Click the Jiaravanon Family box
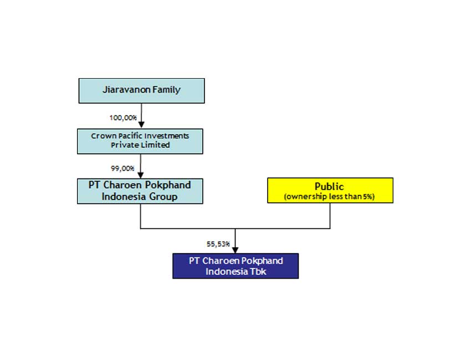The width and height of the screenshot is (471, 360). click(x=141, y=90)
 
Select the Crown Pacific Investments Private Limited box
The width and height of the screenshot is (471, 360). click(x=140, y=141)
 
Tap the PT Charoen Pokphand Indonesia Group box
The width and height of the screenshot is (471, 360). click(x=140, y=191)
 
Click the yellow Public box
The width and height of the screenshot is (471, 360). click(x=330, y=190)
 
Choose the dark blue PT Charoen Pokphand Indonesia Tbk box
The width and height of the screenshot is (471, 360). click(x=235, y=266)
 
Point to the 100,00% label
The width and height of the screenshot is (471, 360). click(x=123, y=117)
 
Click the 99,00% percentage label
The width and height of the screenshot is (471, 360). click(x=123, y=168)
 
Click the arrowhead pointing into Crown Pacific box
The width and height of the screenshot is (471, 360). click(x=141, y=125)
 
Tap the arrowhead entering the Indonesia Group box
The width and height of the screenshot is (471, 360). click(x=141, y=175)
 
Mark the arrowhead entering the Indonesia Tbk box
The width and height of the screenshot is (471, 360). click(x=235, y=250)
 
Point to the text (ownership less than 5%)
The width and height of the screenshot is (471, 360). click(x=330, y=197)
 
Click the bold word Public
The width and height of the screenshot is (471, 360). click(x=330, y=187)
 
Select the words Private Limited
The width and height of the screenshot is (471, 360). click(x=140, y=145)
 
